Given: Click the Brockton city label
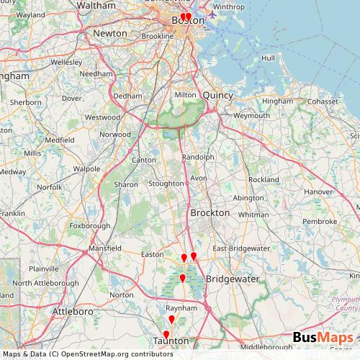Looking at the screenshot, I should (210, 213).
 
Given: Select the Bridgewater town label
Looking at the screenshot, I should (228, 277).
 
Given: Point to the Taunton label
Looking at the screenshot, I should (171, 341).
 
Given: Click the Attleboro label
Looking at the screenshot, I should (73, 312).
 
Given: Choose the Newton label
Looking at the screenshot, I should (110, 33).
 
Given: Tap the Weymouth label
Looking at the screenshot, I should (251, 114).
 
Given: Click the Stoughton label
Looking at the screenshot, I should (166, 184).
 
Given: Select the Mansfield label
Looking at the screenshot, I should (104, 248).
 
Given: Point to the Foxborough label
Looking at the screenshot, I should (90, 225).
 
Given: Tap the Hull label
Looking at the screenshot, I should (269, 58).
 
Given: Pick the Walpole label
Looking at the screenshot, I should (86, 168).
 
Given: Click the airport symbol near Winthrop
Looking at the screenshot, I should (212, 13).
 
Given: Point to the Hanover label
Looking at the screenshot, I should (318, 192).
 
